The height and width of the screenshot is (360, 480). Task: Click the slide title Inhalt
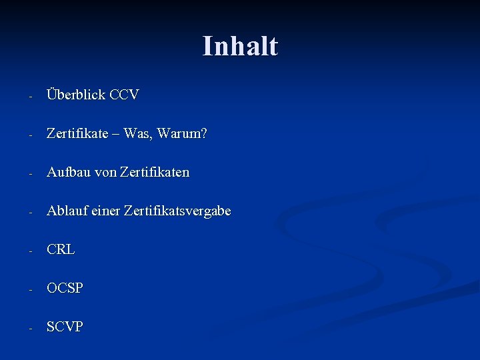[x=240, y=46]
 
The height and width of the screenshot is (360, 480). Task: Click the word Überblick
[x=76, y=95]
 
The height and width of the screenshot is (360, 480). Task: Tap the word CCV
[x=124, y=95]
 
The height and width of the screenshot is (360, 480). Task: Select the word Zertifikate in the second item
[x=77, y=133]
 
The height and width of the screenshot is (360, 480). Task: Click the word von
[x=105, y=172]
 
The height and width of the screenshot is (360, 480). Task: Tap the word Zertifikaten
[x=155, y=172]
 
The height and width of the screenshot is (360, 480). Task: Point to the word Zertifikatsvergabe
[x=179, y=211]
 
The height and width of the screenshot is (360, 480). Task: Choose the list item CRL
[x=61, y=249]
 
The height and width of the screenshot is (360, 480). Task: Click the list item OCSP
[x=65, y=288]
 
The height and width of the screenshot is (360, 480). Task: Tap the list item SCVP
[x=65, y=327]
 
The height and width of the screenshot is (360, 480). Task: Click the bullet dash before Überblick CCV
[x=30, y=96]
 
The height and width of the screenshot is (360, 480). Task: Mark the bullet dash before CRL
[x=30, y=251]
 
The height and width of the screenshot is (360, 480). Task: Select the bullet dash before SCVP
[x=30, y=328]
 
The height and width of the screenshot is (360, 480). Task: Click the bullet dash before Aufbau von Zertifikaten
[x=30, y=173]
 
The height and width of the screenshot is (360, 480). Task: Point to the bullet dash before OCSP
[x=30, y=289]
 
